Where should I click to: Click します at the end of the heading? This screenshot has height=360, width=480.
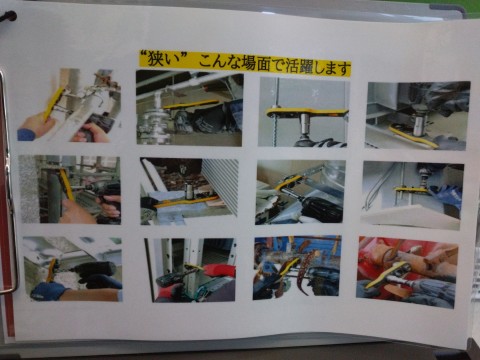(332, 68)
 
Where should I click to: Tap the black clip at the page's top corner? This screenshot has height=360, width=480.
(7, 17)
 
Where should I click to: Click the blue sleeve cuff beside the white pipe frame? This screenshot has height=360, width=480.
(26, 134)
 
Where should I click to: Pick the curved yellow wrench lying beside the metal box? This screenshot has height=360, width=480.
(413, 136)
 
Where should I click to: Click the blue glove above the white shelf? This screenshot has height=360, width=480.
(444, 197)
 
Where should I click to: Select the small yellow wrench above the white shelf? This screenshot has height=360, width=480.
(411, 190)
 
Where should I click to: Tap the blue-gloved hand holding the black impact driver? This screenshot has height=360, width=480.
(50, 291)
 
